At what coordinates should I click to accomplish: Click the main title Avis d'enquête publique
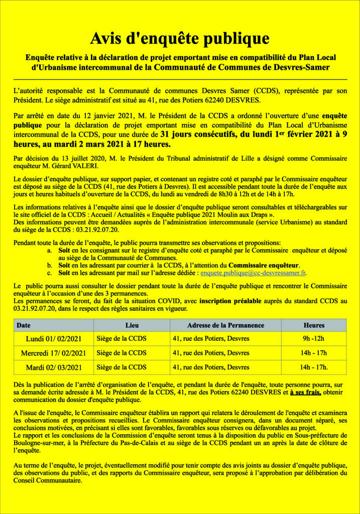coord(180,38)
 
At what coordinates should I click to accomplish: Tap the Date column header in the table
coord(24,325)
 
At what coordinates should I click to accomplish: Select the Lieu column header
coord(132,325)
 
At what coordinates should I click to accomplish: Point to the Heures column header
coord(314,325)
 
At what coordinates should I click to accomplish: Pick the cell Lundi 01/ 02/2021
coord(53,339)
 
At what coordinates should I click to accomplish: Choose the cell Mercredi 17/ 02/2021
coord(53,353)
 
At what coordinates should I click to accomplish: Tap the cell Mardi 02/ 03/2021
coord(53,367)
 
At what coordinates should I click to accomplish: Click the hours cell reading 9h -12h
coord(314,339)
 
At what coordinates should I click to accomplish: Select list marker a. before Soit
coord(49,249)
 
